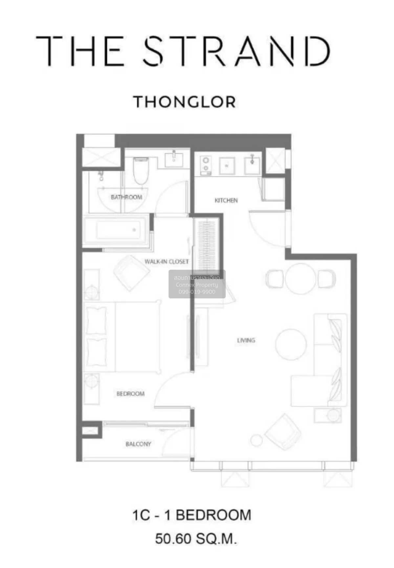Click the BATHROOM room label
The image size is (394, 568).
pos(126,197)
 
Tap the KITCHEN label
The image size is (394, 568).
pos(226,200)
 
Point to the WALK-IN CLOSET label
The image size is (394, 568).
pos(166,262)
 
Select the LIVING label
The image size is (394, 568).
pos(246,340)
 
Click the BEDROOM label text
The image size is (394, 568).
pos(130,394)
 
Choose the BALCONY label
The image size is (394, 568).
pos(138,444)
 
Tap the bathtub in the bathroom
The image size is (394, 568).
pos(117,230)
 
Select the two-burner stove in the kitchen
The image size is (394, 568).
pos(206,164)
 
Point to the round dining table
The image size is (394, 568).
pos(300,278)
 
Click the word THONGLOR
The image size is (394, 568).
pos(185,102)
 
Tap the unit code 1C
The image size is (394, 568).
pos(141,515)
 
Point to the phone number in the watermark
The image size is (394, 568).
pos(197,292)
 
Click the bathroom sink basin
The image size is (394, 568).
pos(174,160)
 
